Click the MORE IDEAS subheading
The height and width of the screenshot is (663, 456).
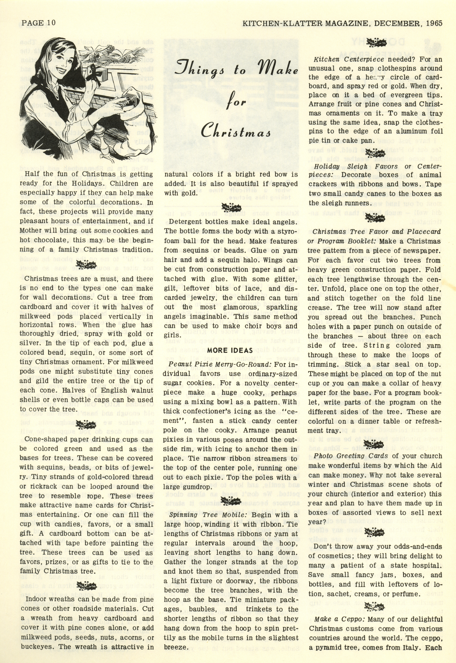tap(230, 350)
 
